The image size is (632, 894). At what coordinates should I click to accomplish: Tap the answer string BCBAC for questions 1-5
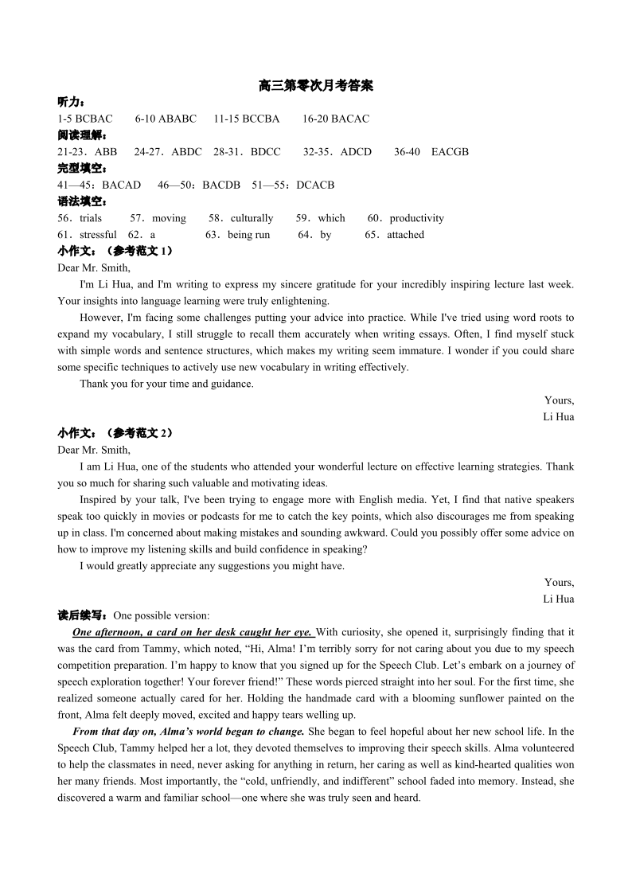pyautogui.click(x=95, y=119)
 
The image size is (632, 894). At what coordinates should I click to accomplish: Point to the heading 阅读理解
pyautogui.click(x=81, y=135)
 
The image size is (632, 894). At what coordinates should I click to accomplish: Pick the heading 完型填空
pyautogui.click(x=81, y=169)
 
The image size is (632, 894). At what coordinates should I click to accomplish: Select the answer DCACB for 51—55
pyautogui.click(x=315, y=185)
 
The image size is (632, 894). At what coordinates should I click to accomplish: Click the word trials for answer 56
pyautogui.click(x=91, y=218)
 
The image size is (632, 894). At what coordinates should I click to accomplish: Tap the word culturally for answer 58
pyautogui.click(x=252, y=218)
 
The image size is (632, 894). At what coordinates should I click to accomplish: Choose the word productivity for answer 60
pyautogui.click(x=417, y=218)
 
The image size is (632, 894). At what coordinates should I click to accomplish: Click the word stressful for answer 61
pyautogui.click(x=98, y=235)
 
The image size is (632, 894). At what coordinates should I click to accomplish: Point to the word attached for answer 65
pyautogui.click(x=406, y=235)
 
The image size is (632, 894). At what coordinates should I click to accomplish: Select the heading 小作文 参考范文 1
pyautogui.click(x=115, y=252)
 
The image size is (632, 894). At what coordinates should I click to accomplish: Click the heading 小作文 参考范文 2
pyautogui.click(x=115, y=433)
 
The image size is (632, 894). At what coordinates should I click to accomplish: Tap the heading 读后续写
pyautogui.click(x=83, y=615)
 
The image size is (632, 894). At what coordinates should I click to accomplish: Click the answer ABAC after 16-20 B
pyautogui.click(x=354, y=119)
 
